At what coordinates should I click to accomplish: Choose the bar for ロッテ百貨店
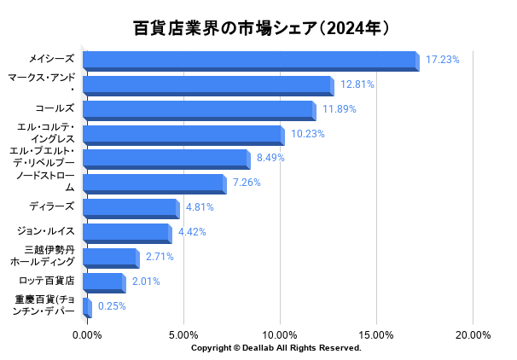coord(104,282)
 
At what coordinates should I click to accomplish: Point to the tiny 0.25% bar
coord(87,307)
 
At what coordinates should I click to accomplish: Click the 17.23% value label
coord(442,60)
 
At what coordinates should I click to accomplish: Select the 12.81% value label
coord(357,84)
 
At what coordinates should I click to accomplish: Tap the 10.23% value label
coord(308,134)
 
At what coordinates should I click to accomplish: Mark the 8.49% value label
coord(270,158)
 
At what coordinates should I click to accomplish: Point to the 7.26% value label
coord(247,183)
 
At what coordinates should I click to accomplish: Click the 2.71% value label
coord(160,256)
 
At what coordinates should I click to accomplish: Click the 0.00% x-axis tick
coord(87,335)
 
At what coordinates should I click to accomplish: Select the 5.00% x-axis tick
coord(183,335)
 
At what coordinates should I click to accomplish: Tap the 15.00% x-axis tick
coord(376,335)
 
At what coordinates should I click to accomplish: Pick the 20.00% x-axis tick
coord(473,335)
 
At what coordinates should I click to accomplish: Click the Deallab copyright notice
coord(276,348)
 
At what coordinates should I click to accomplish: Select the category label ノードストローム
coord(44,182)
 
